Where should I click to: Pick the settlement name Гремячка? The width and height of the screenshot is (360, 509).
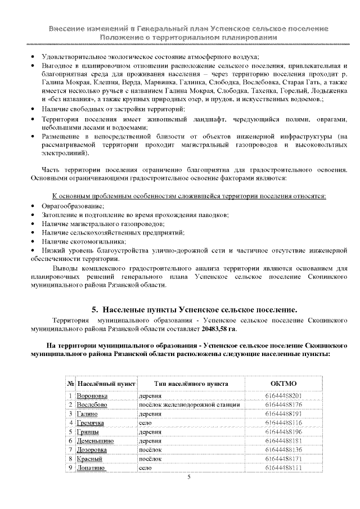(x=91, y=422)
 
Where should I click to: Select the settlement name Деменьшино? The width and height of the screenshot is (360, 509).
(x=95, y=440)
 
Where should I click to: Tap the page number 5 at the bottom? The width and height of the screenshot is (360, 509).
(x=189, y=478)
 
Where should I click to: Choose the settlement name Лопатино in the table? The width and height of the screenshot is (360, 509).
(x=91, y=467)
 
